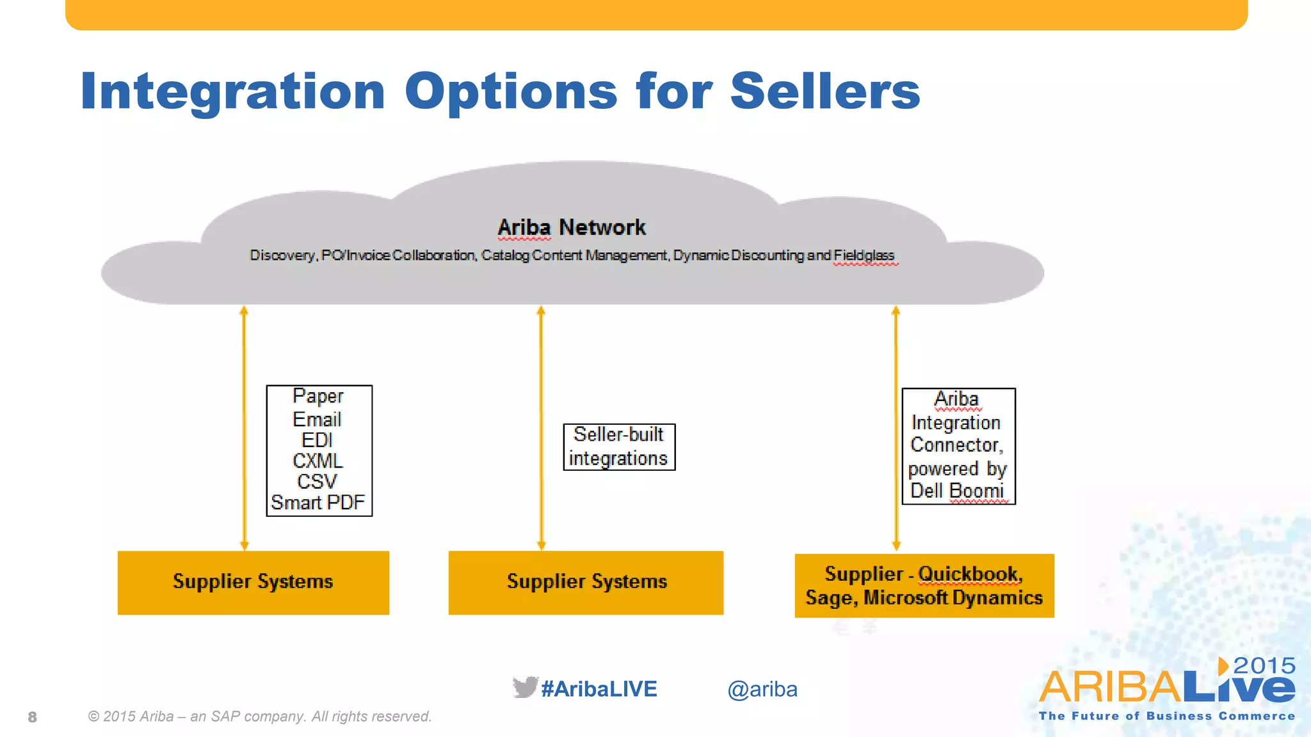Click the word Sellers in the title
[x=824, y=91]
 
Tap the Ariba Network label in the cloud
[x=572, y=227]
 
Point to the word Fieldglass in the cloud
[x=864, y=255]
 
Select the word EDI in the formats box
[x=318, y=440]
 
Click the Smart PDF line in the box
[x=318, y=502]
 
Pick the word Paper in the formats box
[x=318, y=396]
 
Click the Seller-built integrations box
[x=619, y=447]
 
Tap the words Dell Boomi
[x=957, y=491]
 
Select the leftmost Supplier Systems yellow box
[x=253, y=582]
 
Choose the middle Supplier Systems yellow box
[x=586, y=582]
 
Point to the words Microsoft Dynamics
[x=953, y=598]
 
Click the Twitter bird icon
[x=524, y=687]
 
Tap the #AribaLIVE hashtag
[x=599, y=689]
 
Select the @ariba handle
[x=762, y=689]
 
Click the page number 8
[x=33, y=717]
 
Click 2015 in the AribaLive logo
[x=1264, y=665]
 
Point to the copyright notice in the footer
[x=260, y=717]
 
